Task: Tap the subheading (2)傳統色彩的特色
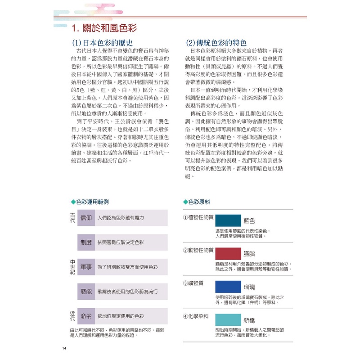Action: (216, 43)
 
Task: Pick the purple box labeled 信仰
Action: (86, 218)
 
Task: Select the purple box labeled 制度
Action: (86, 243)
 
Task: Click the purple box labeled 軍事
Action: (86, 267)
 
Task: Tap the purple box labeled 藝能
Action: (86, 292)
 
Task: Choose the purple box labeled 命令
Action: (86, 316)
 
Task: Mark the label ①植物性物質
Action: (198, 217)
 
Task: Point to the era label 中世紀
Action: (72, 267)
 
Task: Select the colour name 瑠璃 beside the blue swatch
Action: (249, 287)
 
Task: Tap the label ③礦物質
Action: (193, 283)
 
